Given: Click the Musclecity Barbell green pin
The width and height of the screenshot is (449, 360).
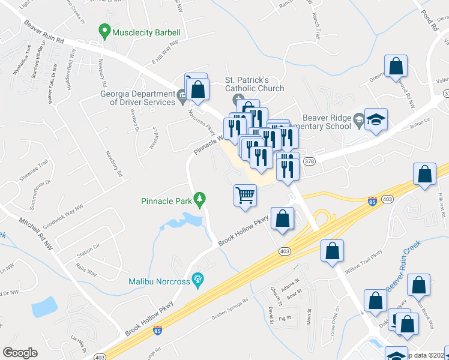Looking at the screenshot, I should tap(105, 31).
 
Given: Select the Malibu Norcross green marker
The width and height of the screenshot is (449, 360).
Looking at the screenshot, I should tap(196, 279).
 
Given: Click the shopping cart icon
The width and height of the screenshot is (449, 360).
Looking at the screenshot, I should tap(244, 195).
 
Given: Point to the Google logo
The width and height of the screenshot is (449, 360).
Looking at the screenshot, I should tap(20, 353).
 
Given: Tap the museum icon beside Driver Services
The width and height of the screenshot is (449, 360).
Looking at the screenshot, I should tap(181, 94).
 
